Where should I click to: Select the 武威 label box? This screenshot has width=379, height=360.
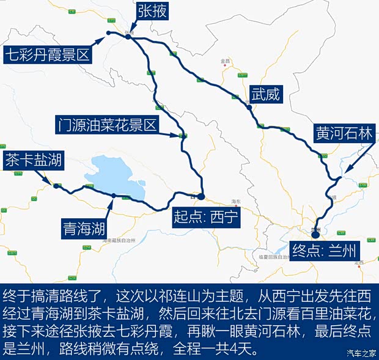click(265, 94)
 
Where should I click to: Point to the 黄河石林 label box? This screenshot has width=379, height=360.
click(343, 133)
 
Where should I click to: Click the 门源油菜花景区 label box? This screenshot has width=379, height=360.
click(107, 125)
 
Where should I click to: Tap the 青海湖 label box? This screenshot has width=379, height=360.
click(84, 229)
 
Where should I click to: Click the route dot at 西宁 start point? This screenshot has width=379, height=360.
click(201, 196)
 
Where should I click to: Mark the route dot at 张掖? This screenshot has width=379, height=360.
click(128, 37)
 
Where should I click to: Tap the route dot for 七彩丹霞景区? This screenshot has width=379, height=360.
click(108, 32)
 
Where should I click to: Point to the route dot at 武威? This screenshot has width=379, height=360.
click(249, 108)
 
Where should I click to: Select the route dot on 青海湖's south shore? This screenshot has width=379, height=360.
click(114, 196)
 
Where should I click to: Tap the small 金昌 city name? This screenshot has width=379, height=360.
click(226, 61)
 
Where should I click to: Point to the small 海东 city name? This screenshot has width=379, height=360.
click(237, 201)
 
